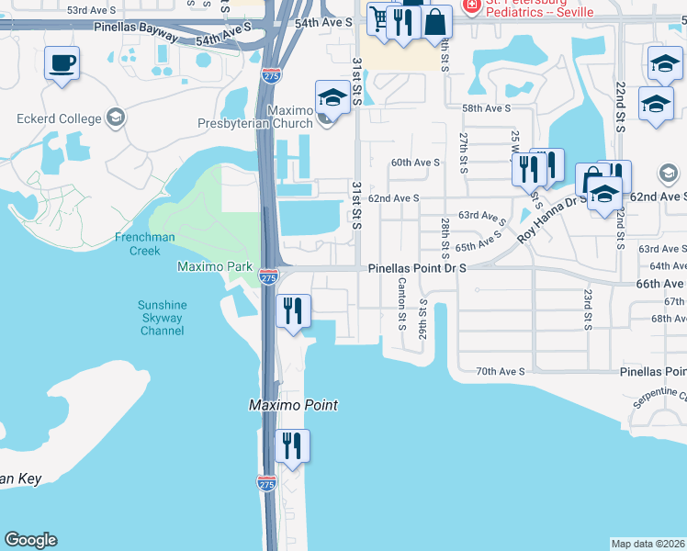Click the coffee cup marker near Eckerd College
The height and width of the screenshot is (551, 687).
coord(62,64)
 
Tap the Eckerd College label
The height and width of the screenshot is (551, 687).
coord(59,118)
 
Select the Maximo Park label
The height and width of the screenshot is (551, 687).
coord(214,266)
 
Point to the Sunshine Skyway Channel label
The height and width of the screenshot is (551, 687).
coord(162,318)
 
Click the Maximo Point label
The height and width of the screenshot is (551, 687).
coord(294,405)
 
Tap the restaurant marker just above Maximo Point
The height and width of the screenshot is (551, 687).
coord(293,310)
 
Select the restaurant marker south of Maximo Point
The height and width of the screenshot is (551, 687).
coord(293,446)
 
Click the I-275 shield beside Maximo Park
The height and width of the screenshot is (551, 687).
coord(268,275)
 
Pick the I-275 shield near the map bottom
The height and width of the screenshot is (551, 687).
coord(266,482)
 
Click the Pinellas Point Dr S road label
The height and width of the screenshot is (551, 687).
coord(418,268)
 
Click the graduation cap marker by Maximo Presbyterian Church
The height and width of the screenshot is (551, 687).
coord(332,97)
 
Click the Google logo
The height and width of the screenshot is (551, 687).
coord(30,540)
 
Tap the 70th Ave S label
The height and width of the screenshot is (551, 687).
coord(500,371)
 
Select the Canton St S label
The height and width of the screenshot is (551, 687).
coord(402,306)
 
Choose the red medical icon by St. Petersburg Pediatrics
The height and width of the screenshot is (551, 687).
coord(471,6)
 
